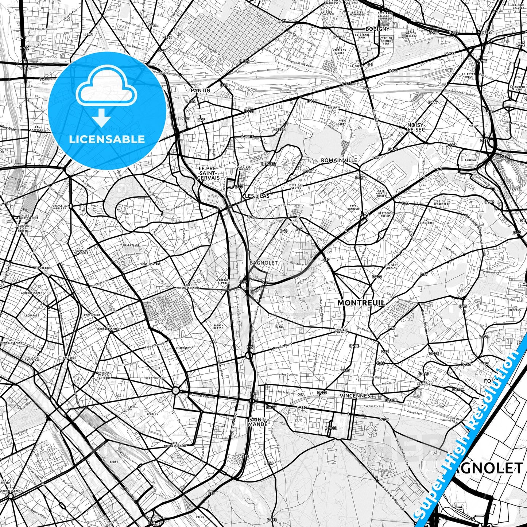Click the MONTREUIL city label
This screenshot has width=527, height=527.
[361, 303]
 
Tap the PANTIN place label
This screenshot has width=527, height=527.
[201, 90]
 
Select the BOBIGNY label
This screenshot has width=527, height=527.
[377, 28]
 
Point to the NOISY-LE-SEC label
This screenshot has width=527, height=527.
[416, 127]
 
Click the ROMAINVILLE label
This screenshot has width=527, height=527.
[339, 160]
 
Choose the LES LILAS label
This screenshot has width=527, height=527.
[257, 196]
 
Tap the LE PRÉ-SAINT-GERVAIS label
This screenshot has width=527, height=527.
[208, 173]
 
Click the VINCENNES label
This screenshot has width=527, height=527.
[354, 395]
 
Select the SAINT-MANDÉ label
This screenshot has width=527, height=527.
[258, 422]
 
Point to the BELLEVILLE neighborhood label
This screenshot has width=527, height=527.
[132, 245]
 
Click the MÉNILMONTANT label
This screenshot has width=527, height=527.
[151, 264]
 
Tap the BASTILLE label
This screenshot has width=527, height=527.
[70, 358]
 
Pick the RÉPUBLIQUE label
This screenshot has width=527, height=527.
[43, 268]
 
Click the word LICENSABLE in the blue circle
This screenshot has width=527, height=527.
[107, 139]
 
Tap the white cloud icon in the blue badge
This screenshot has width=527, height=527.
[106, 88]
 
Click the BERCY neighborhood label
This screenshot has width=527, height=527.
[114, 462]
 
